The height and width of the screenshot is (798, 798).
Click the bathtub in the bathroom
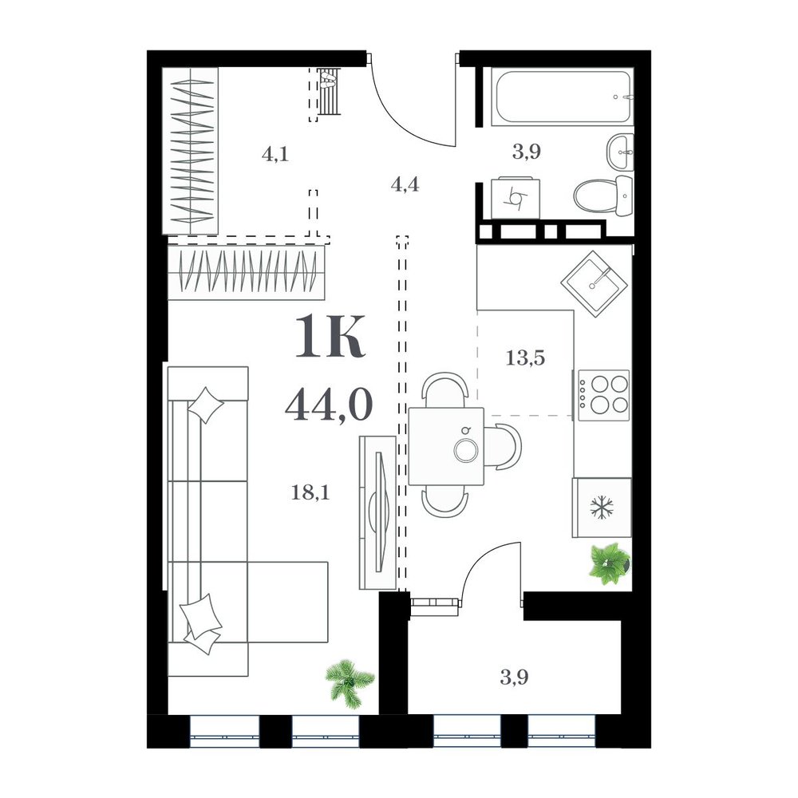click(x=563, y=97)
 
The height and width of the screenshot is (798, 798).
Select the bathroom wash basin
click(x=620, y=152)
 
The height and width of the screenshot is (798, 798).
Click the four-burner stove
click(x=603, y=395)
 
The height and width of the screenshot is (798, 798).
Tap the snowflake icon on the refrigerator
click(x=602, y=508)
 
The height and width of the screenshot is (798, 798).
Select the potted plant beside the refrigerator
click(x=610, y=563)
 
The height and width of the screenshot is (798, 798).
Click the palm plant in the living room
click(x=350, y=683)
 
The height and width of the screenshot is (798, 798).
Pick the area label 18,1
click(x=310, y=492)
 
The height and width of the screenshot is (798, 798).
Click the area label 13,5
click(x=525, y=358)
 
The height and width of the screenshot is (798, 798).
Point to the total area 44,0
click(x=329, y=405)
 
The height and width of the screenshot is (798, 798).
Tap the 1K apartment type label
click(x=330, y=336)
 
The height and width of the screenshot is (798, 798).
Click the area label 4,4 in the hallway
click(x=405, y=184)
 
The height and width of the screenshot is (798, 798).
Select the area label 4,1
click(x=275, y=153)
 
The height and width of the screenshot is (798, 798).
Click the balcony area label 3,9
click(x=514, y=678)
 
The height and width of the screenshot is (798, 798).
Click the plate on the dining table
click(x=466, y=451)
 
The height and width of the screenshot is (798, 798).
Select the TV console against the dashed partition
click(x=377, y=512)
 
